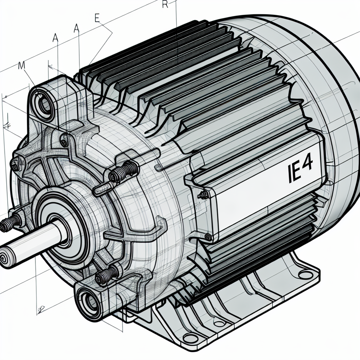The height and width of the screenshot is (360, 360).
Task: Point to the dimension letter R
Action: point(165,4)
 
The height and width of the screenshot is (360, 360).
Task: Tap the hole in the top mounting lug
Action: point(45,102)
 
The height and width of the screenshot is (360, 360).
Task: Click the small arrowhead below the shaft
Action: point(41,308)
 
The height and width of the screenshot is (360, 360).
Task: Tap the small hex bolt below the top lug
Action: point(64,142)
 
